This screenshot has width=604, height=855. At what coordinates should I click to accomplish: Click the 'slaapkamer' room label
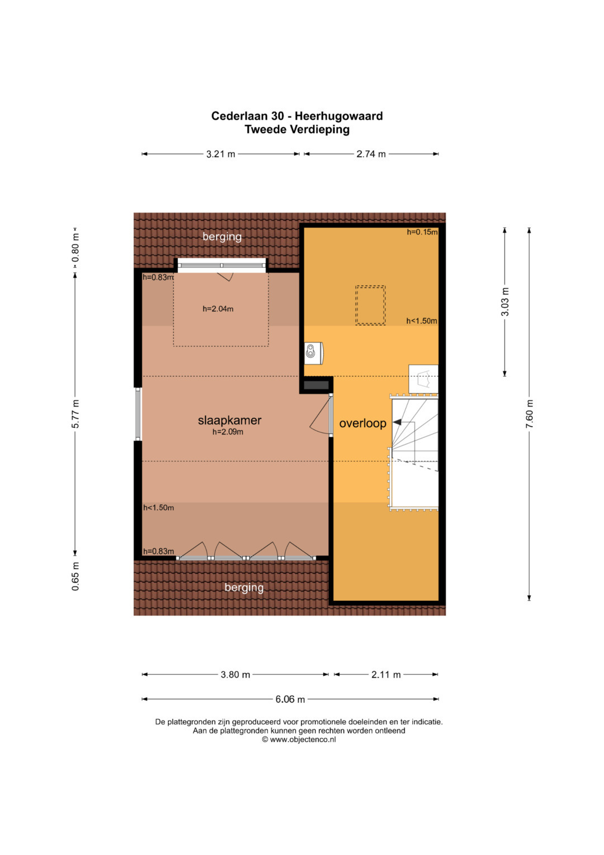tap(229, 421)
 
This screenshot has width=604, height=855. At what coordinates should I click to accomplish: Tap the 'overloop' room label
tap(362, 423)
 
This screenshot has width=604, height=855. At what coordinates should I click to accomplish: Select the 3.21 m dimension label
tap(221, 154)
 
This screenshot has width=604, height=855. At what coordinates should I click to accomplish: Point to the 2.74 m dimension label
tap(371, 154)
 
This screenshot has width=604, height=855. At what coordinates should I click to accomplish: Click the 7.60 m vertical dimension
tap(529, 414)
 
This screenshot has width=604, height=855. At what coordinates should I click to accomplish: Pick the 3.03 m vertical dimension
tap(505, 302)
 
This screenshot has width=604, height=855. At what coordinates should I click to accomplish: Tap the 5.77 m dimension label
tap(75, 414)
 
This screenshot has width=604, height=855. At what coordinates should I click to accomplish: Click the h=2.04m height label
tap(218, 309)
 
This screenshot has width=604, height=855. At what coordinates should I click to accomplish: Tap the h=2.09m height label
tap(228, 432)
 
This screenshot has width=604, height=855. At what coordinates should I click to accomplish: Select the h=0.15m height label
tap(422, 232)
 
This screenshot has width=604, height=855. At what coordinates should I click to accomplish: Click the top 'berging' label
tap(222, 237)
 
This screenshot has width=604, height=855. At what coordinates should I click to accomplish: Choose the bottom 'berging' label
tap(244, 587)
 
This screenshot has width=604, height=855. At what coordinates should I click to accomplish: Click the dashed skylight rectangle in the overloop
tap(370, 305)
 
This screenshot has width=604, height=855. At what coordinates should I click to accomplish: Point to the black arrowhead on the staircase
tap(397, 422)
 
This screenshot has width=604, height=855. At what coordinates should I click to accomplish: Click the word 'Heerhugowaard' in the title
tap(338, 116)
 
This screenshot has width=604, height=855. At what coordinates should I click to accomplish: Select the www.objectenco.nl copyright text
tap(299, 739)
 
